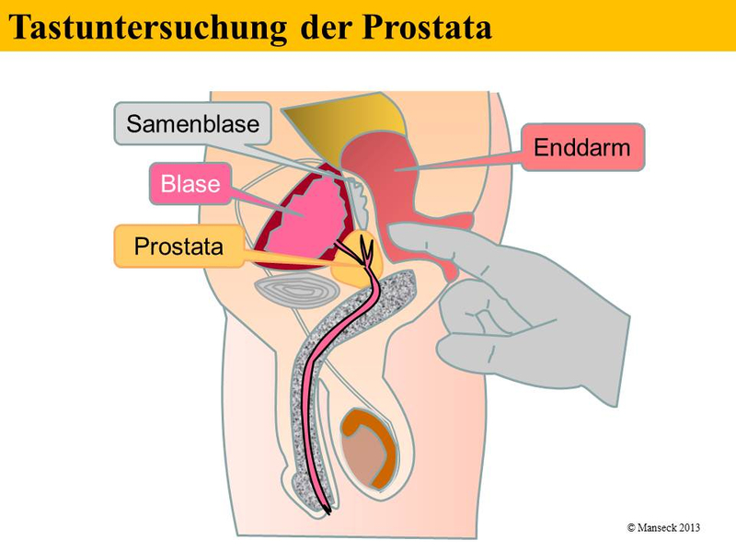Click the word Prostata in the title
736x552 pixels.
tap(424, 26)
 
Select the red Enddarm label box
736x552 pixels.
tap(583, 146)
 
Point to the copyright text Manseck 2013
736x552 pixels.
tap(663, 527)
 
